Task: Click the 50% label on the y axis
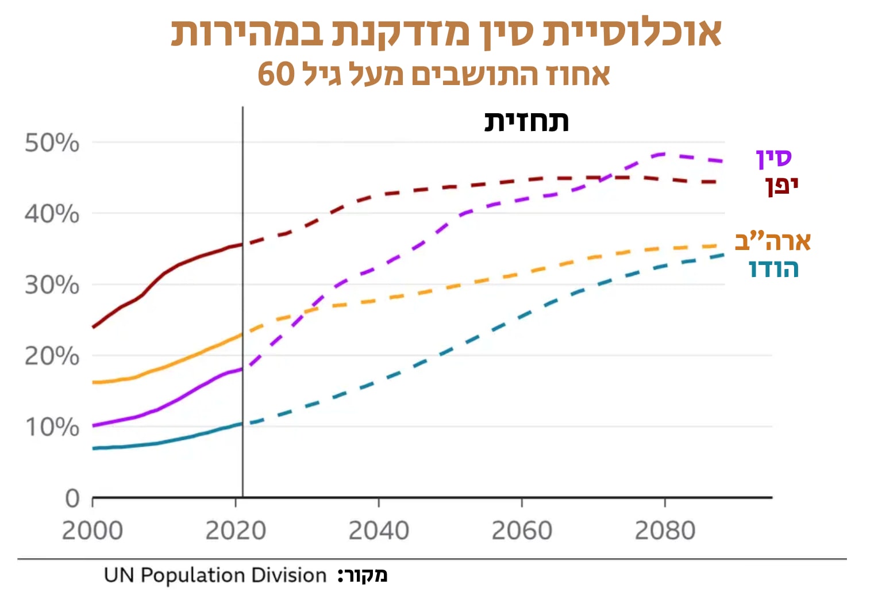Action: click(52, 143)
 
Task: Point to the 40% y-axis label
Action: click(52, 214)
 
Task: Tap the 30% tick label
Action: click(52, 285)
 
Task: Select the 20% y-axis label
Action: click(52, 356)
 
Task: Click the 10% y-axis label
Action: click(52, 427)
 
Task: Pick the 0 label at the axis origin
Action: click(72, 498)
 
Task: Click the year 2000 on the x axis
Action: click(93, 531)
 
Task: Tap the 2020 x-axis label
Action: click(236, 531)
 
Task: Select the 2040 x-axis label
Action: click(379, 531)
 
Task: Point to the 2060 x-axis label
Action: click(522, 531)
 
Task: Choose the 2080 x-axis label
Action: click(665, 531)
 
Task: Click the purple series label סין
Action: click(774, 158)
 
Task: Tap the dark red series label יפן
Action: click(781, 185)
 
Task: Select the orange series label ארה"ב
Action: click(773, 241)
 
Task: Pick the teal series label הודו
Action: click(774, 268)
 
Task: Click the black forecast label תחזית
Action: click(526, 122)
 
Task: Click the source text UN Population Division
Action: click(215, 575)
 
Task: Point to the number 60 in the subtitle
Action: click(276, 74)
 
